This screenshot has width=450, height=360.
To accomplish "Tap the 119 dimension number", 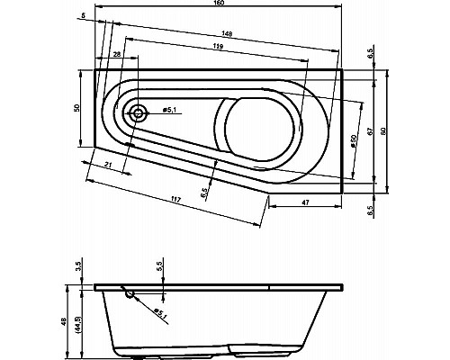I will tap(218, 46).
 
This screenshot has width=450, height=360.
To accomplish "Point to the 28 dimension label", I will tap(118, 56).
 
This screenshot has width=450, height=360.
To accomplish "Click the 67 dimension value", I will tap(370, 129).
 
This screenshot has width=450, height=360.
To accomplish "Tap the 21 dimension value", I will tap(108, 166).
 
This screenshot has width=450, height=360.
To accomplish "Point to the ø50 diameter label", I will tap(354, 143).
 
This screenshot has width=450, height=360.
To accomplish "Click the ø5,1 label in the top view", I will tap(168, 110).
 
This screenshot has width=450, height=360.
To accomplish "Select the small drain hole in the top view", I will tap(138, 112).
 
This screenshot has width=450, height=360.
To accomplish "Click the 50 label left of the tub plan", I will tap(78, 108).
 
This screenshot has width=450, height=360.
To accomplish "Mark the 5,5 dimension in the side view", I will tap(161, 267).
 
